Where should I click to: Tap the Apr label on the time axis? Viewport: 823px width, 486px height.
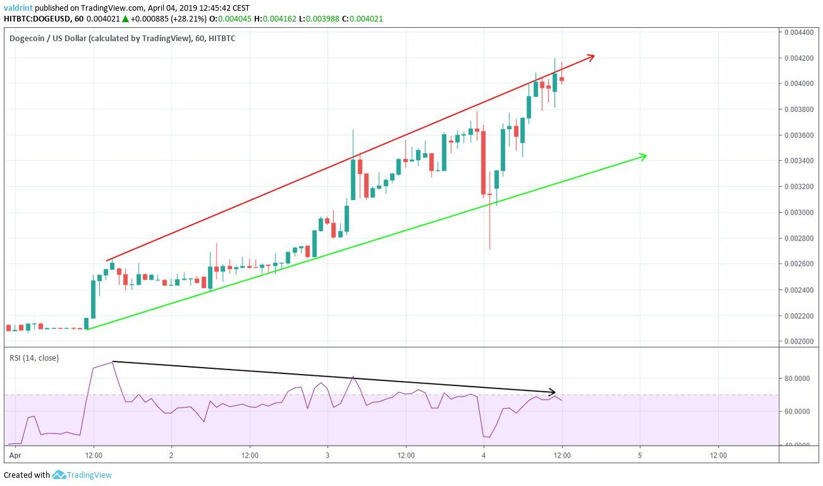pyautogui.click(x=14, y=455)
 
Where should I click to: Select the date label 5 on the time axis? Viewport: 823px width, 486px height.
pyautogui.click(x=640, y=455)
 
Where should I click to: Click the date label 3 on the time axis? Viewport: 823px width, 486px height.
pyautogui.click(x=327, y=455)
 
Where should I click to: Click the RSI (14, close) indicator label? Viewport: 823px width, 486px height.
pyautogui.click(x=34, y=358)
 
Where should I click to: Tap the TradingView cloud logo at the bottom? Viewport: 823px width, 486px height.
pyautogui.click(x=59, y=475)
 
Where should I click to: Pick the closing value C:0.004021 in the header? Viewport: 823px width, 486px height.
pyautogui.click(x=362, y=19)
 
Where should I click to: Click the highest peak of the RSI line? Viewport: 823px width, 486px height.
pyautogui.click(x=113, y=361)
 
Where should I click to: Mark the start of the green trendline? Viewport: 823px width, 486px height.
pyautogui.click(x=87, y=329)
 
